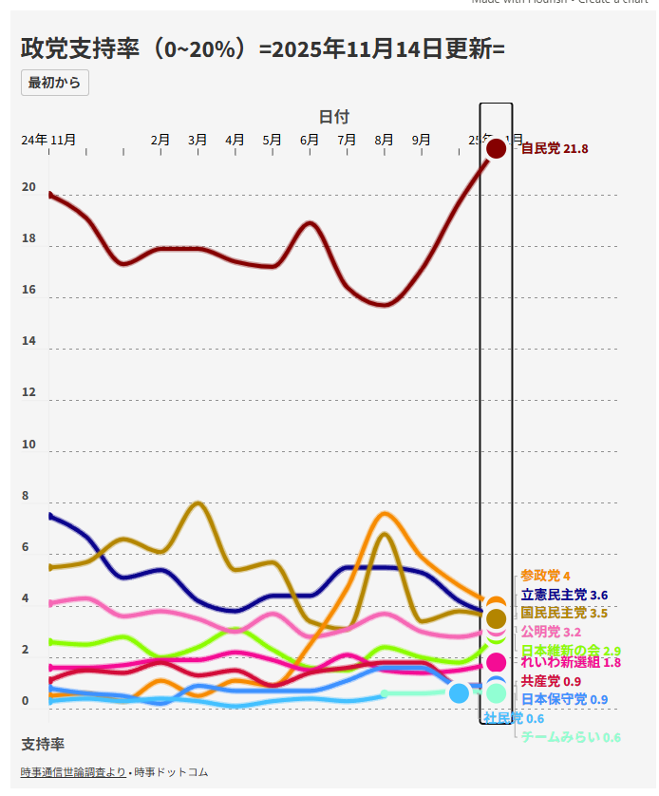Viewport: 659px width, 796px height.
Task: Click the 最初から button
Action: tap(55, 83)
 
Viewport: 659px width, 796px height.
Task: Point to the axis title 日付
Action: tap(333, 117)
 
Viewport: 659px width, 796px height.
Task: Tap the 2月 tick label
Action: tap(160, 140)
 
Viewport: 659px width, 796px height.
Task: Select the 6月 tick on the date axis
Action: tap(310, 140)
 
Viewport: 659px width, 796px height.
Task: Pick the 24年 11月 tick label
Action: tap(49, 140)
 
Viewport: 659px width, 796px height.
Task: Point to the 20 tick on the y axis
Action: tap(28, 187)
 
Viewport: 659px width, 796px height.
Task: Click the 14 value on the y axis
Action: tap(28, 341)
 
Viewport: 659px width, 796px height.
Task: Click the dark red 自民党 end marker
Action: tap(496, 149)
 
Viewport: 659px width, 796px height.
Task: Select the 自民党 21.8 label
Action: tap(555, 149)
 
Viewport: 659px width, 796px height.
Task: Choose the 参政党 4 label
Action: tap(545, 577)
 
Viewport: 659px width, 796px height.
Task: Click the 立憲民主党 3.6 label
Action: tap(564, 596)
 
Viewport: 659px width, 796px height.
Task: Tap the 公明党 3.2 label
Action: tap(551, 632)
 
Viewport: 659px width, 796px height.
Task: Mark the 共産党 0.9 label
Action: tap(552, 682)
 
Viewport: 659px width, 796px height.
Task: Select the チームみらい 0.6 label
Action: tap(571, 737)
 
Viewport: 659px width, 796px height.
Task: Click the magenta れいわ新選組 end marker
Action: tap(496, 662)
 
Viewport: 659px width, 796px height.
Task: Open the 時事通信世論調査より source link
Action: tap(73, 772)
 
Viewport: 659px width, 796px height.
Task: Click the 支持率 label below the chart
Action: tap(43, 744)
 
